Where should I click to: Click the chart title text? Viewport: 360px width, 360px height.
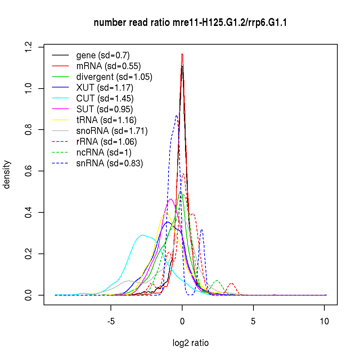pyautogui.click(x=190, y=23)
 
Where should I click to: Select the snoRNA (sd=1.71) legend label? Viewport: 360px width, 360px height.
pyautogui.click(x=112, y=131)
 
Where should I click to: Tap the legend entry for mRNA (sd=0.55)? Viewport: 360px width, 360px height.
pyautogui.click(x=108, y=66)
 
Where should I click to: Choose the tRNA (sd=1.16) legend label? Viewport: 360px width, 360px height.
pyautogui.click(x=107, y=120)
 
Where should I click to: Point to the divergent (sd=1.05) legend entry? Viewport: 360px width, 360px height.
pyautogui.click(x=114, y=77)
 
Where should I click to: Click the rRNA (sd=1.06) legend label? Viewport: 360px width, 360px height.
pyautogui.click(x=107, y=142)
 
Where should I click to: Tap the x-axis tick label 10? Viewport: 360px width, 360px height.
pyautogui.click(x=325, y=321)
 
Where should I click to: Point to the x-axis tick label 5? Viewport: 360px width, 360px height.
pyautogui.click(x=253, y=321)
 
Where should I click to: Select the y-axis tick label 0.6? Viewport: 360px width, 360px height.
pyautogui.click(x=29, y=171)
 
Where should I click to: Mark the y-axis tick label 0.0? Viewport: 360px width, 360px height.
pyautogui.click(x=29, y=295)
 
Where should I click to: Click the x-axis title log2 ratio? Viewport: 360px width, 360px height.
pyautogui.click(x=190, y=343)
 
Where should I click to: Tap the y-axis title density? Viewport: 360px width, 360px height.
pyautogui.click(x=7, y=175)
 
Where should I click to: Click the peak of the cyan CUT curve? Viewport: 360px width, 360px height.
pyautogui.click(x=143, y=235)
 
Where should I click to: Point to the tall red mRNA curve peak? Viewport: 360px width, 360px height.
pyautogui.click(x=182, y=54)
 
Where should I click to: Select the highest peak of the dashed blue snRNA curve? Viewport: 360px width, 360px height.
pyautogui.click(x=176, y=116)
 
